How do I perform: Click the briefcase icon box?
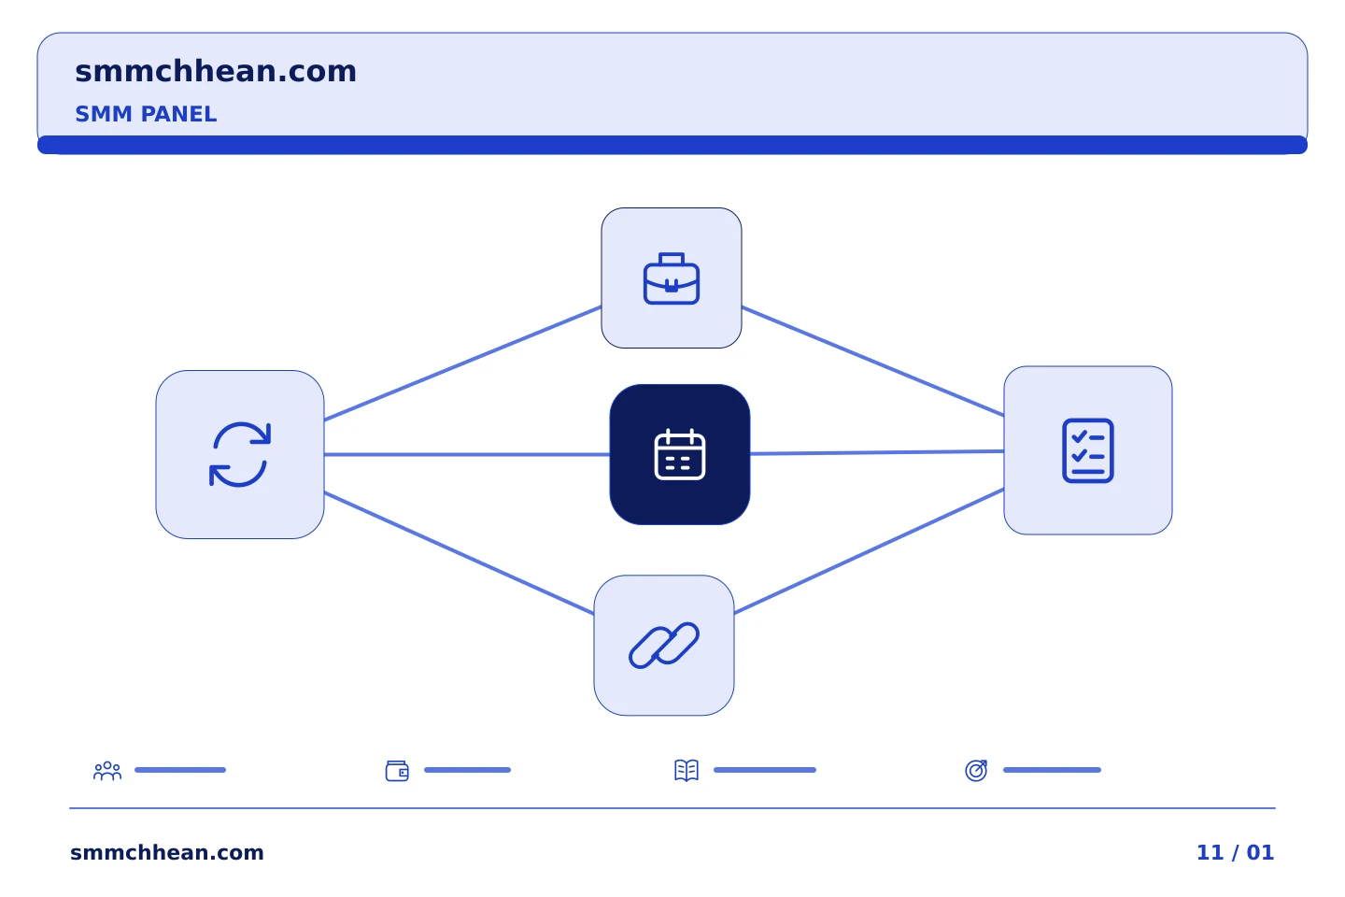pos(672,278)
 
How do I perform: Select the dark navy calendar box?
pos(680,455)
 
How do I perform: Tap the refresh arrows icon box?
pos(240,455)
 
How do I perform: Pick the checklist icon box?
pos(1088,450)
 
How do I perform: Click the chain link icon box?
pos(664,646)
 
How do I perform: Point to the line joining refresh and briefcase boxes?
pos(463,363)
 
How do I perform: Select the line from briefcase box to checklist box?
pos(873,361)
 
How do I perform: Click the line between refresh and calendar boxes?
pos(467,455)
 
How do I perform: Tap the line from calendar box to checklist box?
pos(877,452)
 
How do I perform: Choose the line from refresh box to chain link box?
pos(460,553)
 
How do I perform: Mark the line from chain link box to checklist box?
pos(870,551)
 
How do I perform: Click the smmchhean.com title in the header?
pos(216,72)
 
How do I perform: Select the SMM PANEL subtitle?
pos(146,114)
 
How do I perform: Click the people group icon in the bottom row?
pos(107,771)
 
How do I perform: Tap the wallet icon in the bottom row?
pos(397,771)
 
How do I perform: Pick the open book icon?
pos(687,771)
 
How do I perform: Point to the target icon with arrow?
pos(976,771)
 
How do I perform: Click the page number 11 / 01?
pos(1235,853)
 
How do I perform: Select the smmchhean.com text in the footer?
pos(167,853)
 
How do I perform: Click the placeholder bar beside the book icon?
pos(765,770)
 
